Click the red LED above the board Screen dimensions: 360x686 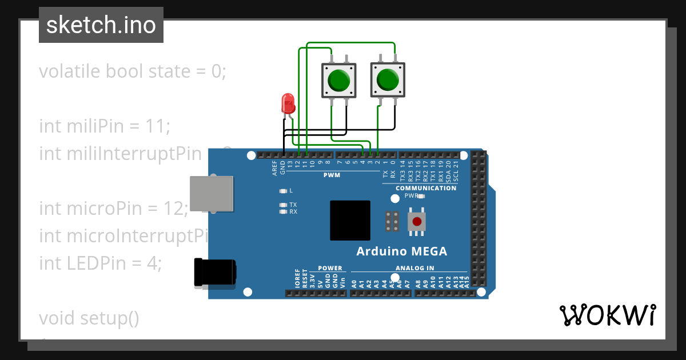[288, 104]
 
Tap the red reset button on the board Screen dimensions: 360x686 [417, 222]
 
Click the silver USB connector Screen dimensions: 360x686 [211, 194]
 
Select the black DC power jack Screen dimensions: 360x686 [215, 272]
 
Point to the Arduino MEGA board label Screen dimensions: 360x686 [401, 251]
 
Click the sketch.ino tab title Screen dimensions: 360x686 [101, 25]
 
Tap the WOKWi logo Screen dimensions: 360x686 [607, 315]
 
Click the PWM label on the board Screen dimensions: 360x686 [332, 175]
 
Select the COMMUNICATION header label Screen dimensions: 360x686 [426, 188]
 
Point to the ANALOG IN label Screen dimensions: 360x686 [414, 268]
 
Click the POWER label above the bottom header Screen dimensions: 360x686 [330, 268]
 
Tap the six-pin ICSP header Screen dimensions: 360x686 [392, 222]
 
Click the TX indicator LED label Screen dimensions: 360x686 [293, 205]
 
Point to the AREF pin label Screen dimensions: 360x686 [275, 167]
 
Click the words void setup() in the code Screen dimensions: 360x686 [89, 318]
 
